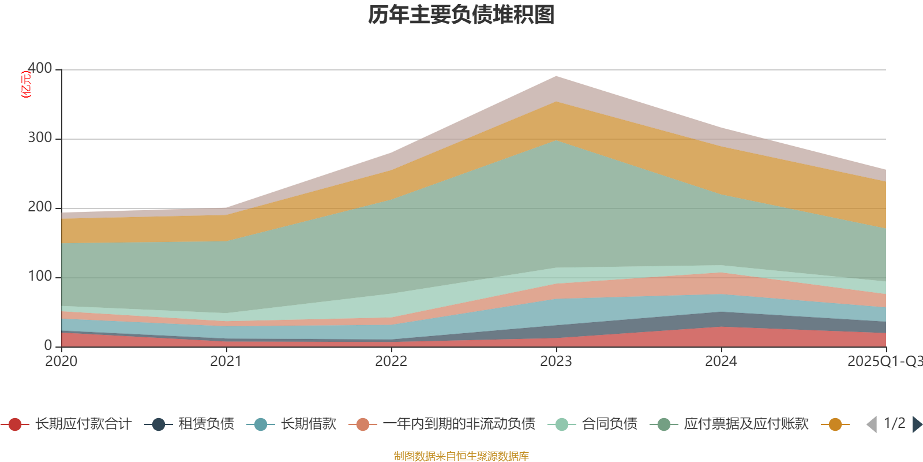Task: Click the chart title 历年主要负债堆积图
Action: [x=461, y=15]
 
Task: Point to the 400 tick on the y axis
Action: [x=40, y=68]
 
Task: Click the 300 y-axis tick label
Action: [x=40, y=138]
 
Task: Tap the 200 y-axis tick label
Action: [x=40, y=207]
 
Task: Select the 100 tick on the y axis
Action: [x=40, y=277]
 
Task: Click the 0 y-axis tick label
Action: [x=48, y=345]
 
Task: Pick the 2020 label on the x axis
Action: [x=61, y=362]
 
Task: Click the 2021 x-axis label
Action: [x=226, y=362]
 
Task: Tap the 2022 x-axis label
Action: [x=391, y=362]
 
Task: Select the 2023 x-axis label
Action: [x=556, y=362]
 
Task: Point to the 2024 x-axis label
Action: [x=721, y=362]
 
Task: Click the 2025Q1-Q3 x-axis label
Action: [x=884, y=362]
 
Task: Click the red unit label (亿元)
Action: [x=26, y=84]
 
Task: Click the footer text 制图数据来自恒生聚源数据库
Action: [x=461, y=456]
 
